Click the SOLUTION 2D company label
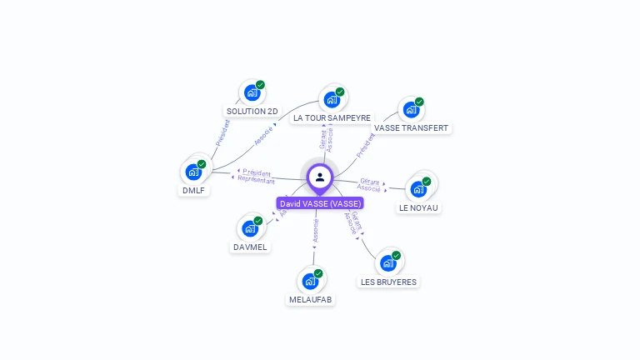[252, 111]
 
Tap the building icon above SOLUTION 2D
[252, 92]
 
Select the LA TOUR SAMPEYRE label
[332, 118]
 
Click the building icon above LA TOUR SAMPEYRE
[332, 100]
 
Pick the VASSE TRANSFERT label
[411, 128]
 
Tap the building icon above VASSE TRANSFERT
[411, 110]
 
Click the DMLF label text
[193, 190]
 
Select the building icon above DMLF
[193, 172]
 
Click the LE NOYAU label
[418, 207]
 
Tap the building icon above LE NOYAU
[418, 189]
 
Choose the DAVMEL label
[250, 247]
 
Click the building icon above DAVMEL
[250, 228]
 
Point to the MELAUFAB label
[310, 299]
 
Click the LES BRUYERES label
[388, 282]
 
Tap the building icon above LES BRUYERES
[387, 263]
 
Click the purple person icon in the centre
[320, 177]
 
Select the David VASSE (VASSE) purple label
[320, 203]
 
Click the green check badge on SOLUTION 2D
[260, 85]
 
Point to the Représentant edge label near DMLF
[256, 180]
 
